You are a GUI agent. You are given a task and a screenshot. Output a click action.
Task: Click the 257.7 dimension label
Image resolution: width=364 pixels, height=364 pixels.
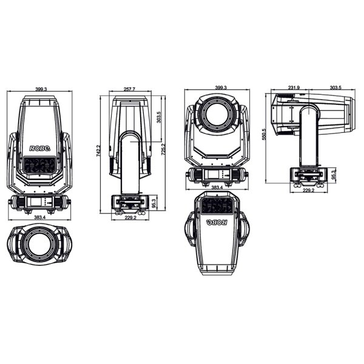[129, 89]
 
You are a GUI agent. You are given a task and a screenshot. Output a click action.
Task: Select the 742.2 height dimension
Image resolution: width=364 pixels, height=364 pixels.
[98, 150]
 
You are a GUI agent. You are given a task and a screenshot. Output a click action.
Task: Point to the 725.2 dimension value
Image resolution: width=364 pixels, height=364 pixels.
[163, 150]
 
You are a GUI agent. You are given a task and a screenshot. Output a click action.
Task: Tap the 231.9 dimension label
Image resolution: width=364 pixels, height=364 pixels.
[294, 87]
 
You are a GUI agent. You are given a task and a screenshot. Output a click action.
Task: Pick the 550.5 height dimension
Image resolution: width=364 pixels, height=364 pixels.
[263, 134]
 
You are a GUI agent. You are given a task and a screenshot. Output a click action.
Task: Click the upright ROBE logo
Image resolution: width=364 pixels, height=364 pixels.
[39, 149]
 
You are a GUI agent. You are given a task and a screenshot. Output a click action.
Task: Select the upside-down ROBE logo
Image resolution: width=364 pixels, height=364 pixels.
[217, 223]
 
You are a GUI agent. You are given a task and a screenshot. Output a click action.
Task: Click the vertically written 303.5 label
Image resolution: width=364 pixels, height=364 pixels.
[159, 117]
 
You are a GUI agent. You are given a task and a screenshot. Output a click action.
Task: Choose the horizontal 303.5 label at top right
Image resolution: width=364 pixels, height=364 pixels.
[335, 87]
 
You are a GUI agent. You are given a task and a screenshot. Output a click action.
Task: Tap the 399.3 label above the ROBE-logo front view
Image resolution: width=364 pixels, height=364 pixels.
[41, 89]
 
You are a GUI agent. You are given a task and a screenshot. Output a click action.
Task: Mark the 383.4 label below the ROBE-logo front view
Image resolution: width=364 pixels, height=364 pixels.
[40, 217]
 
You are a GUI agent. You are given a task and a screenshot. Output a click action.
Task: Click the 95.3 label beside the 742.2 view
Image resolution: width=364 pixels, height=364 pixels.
[153, 203]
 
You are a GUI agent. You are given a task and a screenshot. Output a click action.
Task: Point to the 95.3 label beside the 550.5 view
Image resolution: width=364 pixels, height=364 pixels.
[334, 175]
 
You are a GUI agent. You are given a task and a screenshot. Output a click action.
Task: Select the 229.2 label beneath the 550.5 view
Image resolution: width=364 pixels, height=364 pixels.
[309, 190]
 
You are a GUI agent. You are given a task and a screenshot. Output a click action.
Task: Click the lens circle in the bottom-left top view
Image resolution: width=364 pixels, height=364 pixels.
[39, 244]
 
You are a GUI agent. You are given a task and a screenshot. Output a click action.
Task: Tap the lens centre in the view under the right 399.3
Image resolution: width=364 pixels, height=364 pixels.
[217, 114]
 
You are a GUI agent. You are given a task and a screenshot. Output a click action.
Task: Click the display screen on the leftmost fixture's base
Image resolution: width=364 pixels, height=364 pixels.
[35, 202]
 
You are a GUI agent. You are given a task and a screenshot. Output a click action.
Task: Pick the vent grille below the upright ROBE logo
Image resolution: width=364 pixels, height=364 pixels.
[39, 165]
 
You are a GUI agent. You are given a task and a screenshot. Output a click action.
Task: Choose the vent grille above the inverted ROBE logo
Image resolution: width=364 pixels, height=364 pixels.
[217, 206]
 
